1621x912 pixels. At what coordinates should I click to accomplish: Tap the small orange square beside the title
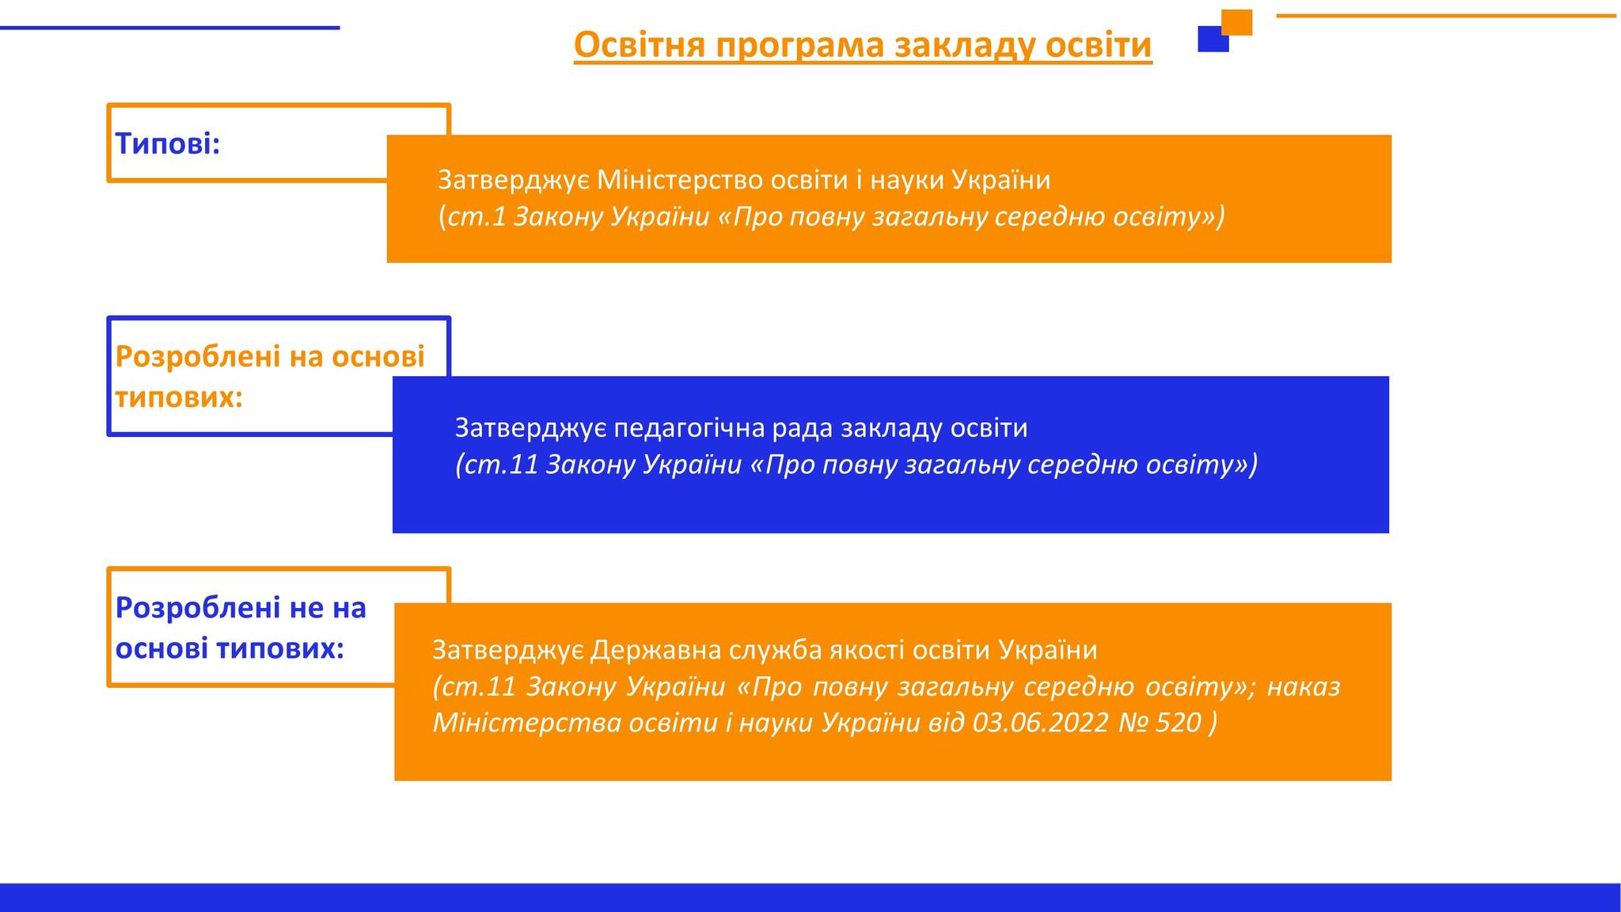point(1237,22)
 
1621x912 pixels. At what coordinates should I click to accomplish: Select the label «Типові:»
point(167,143)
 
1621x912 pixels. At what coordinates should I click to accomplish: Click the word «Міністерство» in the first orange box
point(679,180)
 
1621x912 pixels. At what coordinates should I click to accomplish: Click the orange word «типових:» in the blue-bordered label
point(179,397)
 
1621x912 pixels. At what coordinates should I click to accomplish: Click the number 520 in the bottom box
point(1178,723)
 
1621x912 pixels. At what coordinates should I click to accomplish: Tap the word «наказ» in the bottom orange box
point(1304,686)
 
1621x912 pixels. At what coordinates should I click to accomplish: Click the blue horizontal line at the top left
point(169,28)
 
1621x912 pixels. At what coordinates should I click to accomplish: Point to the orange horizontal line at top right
point(1446,15)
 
